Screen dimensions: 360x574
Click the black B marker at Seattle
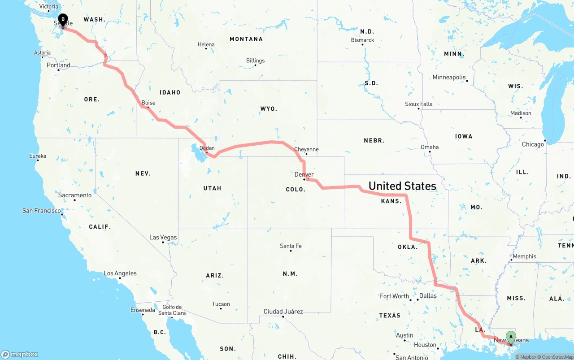tap(63, 19)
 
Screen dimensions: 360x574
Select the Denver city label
tap(304, 174)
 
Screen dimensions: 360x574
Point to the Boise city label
tap(148, 103)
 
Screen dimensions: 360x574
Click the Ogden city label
tap(207, 148)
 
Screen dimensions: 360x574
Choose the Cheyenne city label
tap(306, 149)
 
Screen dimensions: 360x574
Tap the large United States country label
tap(402, 186)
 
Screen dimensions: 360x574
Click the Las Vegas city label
tap(163, 237)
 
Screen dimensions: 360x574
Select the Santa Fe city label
tap(291, 246)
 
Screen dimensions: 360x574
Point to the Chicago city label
tap(533, 144)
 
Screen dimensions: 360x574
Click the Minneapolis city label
tap(449, 77)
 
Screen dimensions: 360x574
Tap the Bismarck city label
tap(362, 40)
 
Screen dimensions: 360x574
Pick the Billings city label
tap(255, 61)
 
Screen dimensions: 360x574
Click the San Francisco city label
tap(42, 210)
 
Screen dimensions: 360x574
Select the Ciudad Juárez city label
tap(283, 312)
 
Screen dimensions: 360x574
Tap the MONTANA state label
tap(246, 39)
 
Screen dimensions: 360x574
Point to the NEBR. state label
tap(374, 140)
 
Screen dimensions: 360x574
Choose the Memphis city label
tap(524, 256)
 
